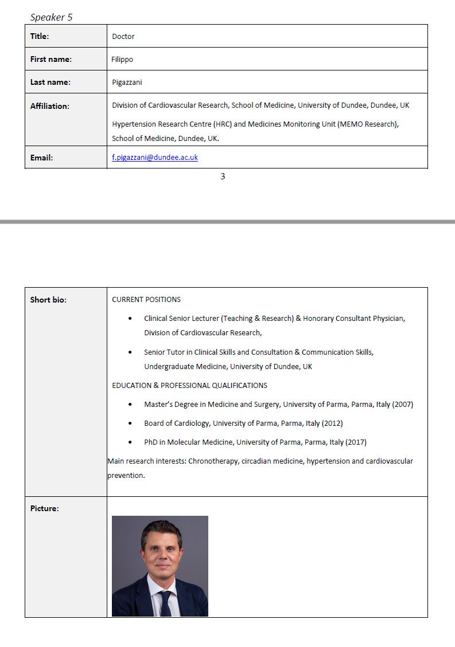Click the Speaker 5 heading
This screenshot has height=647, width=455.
(51, 17)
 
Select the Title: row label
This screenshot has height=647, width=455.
(40, 36)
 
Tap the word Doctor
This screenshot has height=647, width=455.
(123, 37)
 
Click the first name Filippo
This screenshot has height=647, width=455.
(122, 59)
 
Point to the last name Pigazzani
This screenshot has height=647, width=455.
(127, 82)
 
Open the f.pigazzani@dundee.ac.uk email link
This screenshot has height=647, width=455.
(155, 157)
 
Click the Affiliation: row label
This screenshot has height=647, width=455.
(49, 106)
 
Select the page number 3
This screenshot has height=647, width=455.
(223, 177)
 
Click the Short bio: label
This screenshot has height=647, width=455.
(48, 300)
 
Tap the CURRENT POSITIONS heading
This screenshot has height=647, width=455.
(146, 299)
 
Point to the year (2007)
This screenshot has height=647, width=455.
(402, 404)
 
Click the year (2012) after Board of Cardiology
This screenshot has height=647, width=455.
(332, 423)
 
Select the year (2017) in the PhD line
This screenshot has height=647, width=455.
(356, 442)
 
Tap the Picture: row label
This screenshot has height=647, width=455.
(44, 508)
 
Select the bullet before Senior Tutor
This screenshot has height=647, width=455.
(130, 352)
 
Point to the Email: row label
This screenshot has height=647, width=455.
(41, 158)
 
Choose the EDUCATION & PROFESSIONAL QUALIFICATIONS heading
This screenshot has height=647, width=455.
(189, 385)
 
